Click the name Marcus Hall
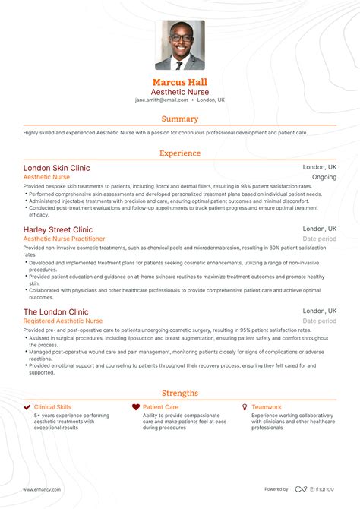[x=180, y=81]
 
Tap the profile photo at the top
[x=180, y=46]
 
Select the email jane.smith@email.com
[x=161, y=100]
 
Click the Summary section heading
[x=180, y=119]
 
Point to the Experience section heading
[x=180, y=153]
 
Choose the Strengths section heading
[x=180, y=393]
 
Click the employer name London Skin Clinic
[x=56, y=167]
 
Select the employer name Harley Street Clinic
[x=58, y=229]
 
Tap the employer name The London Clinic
[x=55, y=312]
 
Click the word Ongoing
[x=324, y=177]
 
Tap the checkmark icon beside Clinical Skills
[x=27, y=408]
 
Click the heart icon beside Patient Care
[x=136, y=408]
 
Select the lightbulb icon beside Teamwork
[x=245, y=408]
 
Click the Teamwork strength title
[x=267, y=408]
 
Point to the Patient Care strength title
[x=161, y=408]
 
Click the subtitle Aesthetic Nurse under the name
[x=180, y=91]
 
